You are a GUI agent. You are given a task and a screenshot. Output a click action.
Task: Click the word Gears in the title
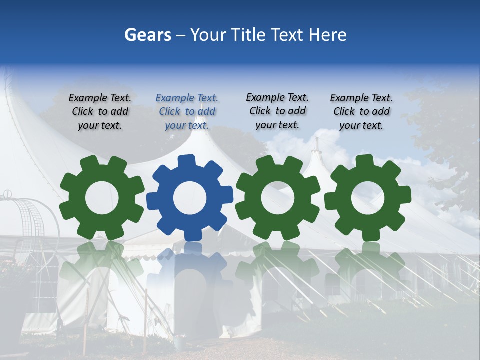(x=147, y=35)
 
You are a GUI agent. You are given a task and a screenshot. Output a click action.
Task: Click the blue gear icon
(x=189, y=198)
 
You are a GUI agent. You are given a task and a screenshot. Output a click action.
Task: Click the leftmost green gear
(x=102, y=198)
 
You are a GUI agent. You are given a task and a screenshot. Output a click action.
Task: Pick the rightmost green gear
(x=367, y=198)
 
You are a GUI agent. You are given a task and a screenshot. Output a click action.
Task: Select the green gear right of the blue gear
(x=278, y=198)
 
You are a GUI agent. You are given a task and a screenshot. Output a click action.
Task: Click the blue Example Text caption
(x=187, y=112)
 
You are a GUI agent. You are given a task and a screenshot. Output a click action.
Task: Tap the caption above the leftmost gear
(x=100, y=112)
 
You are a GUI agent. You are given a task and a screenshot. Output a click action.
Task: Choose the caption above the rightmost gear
(x=361, y=112)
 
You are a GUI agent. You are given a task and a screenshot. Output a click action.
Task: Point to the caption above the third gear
(x=277, y=111)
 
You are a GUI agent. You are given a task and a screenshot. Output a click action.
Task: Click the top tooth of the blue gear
(x=186, y=161)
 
